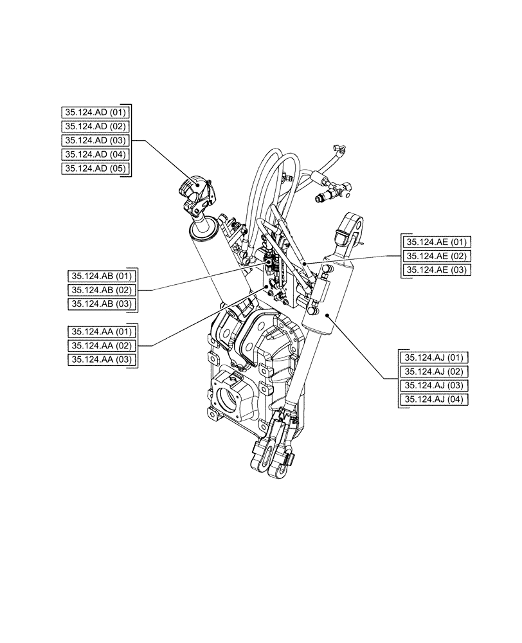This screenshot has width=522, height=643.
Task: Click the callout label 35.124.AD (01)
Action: point(96,112)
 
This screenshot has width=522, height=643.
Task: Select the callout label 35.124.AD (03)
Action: point(96,140)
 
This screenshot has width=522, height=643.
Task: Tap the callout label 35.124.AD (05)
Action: point(96,168)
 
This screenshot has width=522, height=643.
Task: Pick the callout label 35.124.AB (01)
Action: point(101,276)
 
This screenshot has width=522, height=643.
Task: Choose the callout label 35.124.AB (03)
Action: point(101,304)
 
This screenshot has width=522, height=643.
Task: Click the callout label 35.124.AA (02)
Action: point(101,346)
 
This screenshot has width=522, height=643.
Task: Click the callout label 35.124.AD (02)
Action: point(96,126)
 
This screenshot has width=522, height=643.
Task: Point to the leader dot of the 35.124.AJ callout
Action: point(328,315)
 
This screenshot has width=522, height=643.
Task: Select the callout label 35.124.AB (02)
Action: point(101,290)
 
